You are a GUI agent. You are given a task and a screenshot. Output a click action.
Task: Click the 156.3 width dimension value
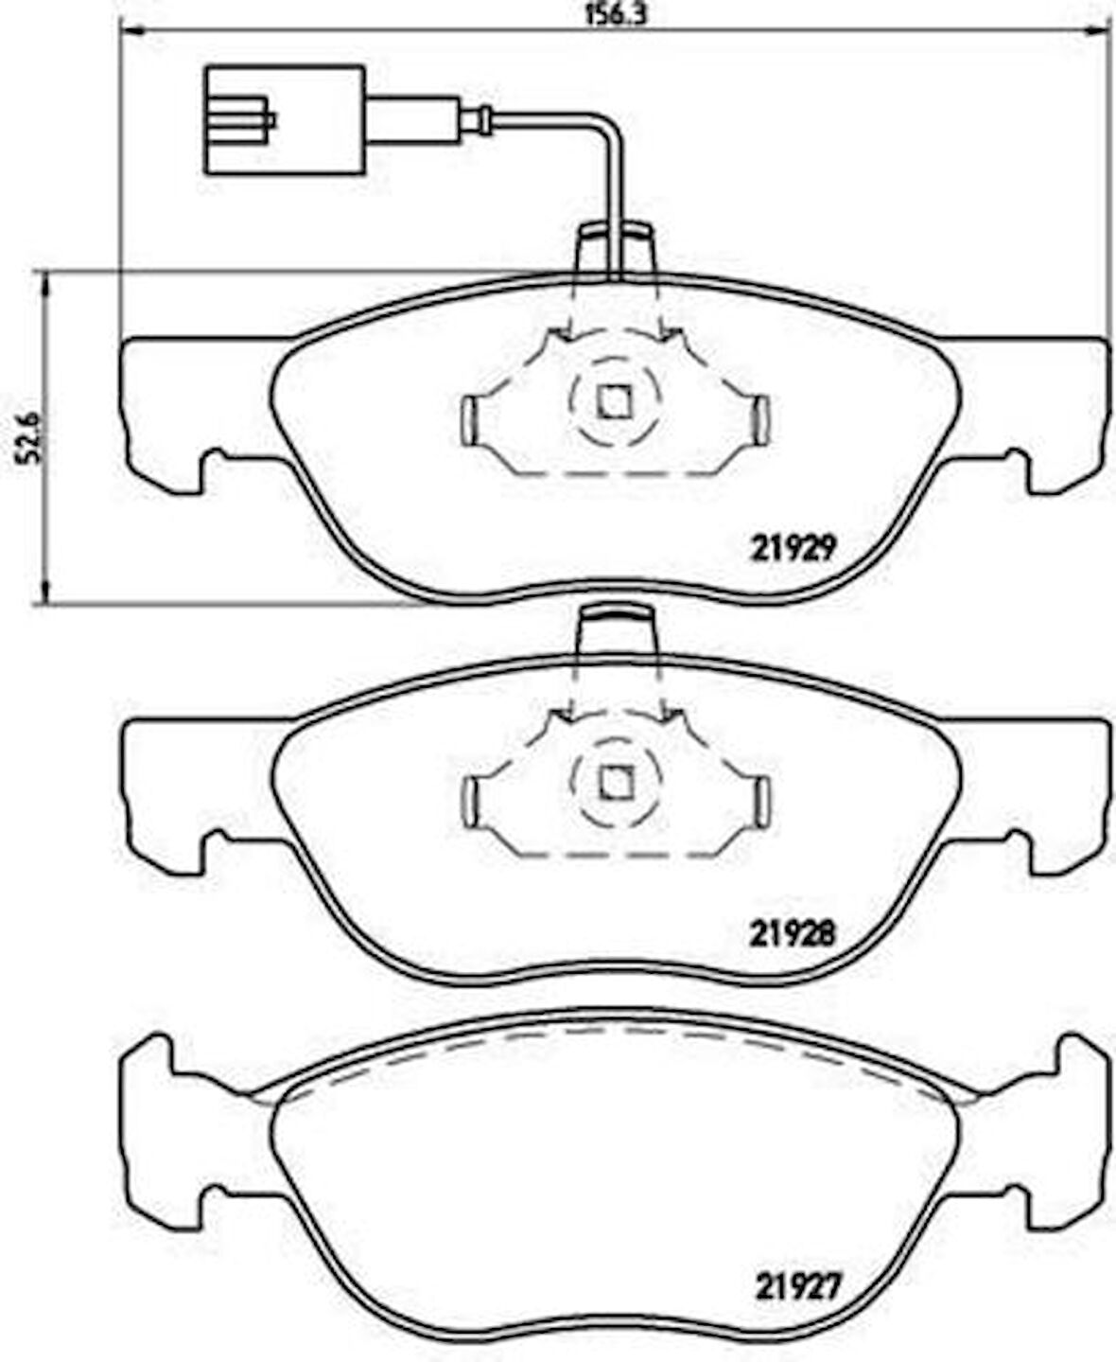[x=616, y=15]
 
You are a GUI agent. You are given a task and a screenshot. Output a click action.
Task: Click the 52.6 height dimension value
[x=30, y=437]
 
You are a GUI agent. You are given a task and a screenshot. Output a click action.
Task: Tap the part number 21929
[x=793, y=548]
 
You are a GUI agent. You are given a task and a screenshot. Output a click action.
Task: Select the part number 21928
[x=793, y=933]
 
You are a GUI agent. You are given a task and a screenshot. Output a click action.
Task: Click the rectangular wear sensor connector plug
[x=285, y=120]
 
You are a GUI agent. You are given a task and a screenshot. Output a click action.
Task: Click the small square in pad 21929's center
[x=614, y=401]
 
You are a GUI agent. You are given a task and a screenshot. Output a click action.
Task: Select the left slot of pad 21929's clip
[x=469, y=420]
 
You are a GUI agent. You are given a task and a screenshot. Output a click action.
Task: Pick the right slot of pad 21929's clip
[x=762, y=420]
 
